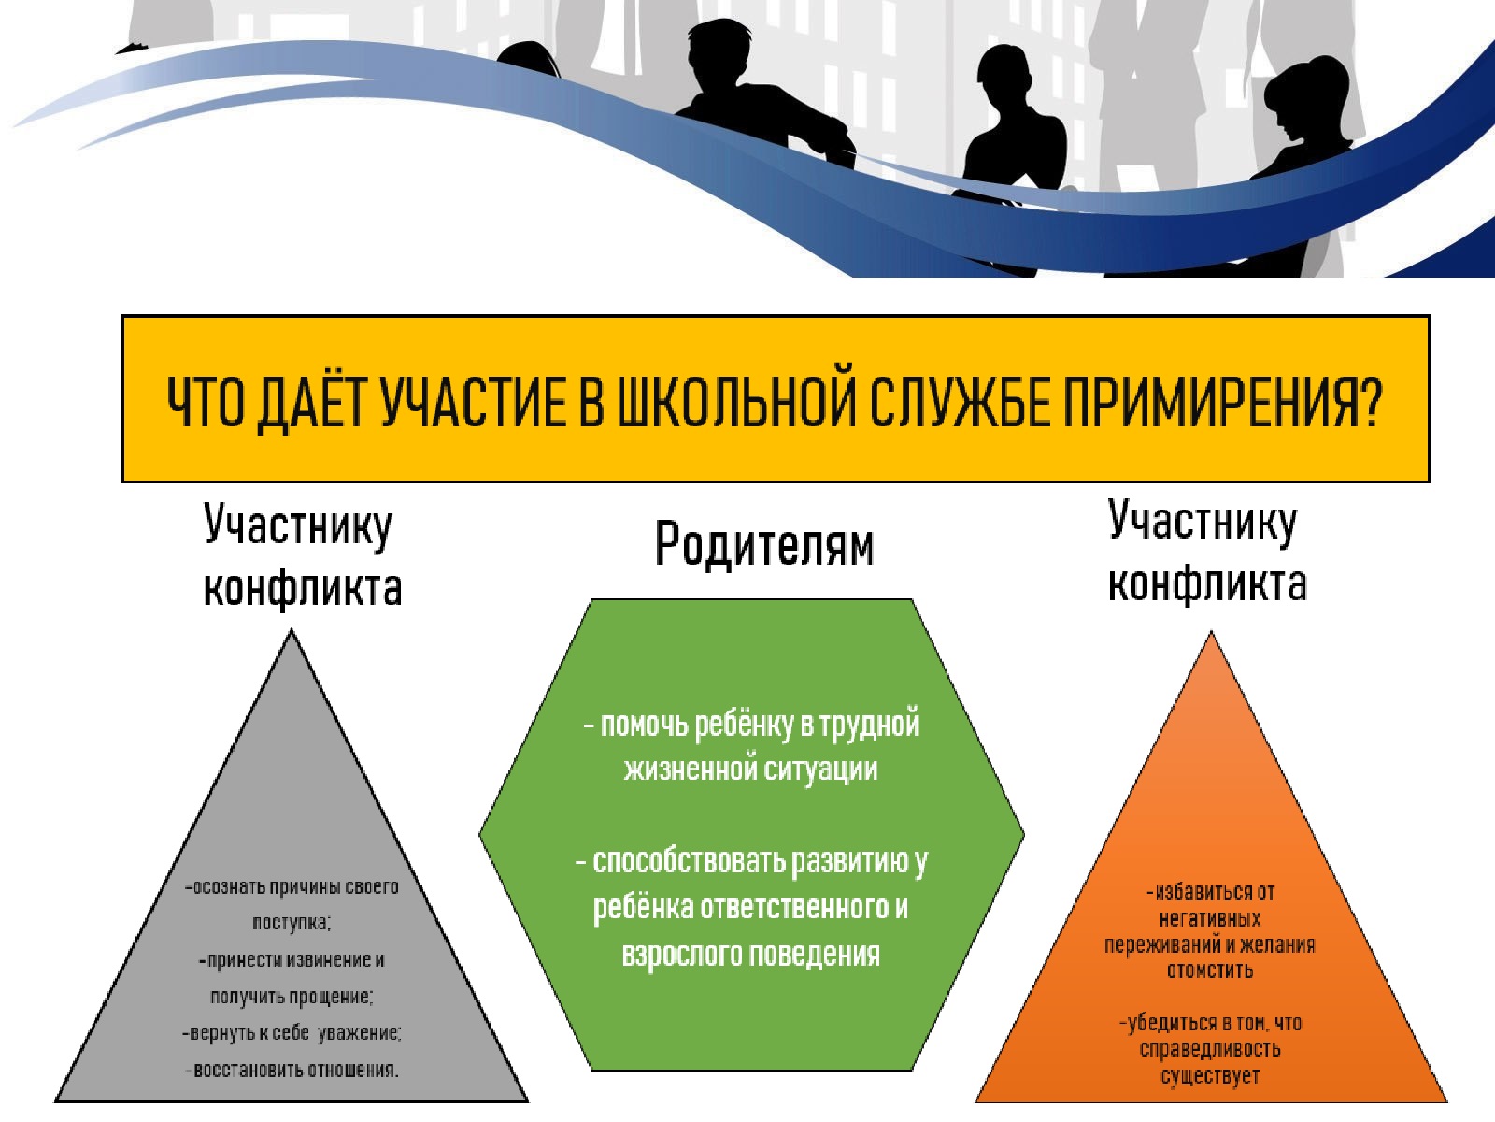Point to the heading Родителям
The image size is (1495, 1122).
pyautogui.click(x=763, y=544)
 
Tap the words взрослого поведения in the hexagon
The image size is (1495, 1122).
pyautogui.click(x=750, y=954)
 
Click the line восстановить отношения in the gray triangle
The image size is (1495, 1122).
pyautogui.click(x=292, y=1070)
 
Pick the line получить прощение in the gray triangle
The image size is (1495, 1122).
pyautogui.click(x=292, y=997)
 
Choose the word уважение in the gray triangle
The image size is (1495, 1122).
pyautogui.click(x=358, y=1033)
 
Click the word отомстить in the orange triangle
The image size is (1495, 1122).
pyautogui.click(x=1210, y=971)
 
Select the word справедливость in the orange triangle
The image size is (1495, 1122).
pyautogui.click(x=1210, y=1048)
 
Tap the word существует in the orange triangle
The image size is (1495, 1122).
pyautogui.click(x=1210, y=1075)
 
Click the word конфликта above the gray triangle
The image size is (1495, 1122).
pyautogui.click(x=303, y=587)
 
